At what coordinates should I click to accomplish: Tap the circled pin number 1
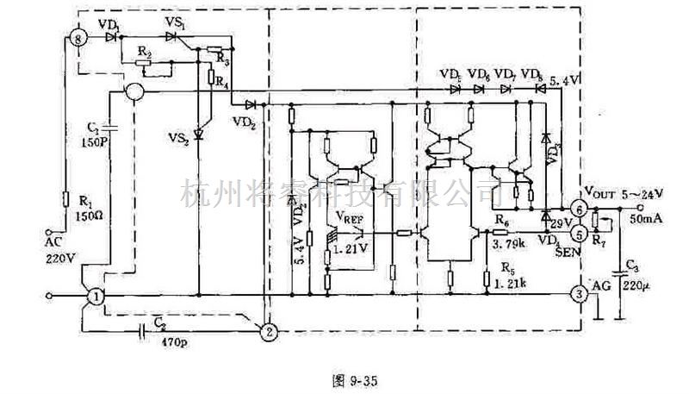pos(96,296)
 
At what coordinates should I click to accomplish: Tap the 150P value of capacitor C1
pos(96,141)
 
